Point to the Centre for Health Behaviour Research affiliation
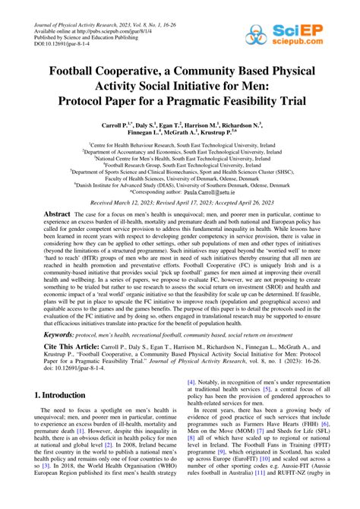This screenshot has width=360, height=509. (x=179, y=142)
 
